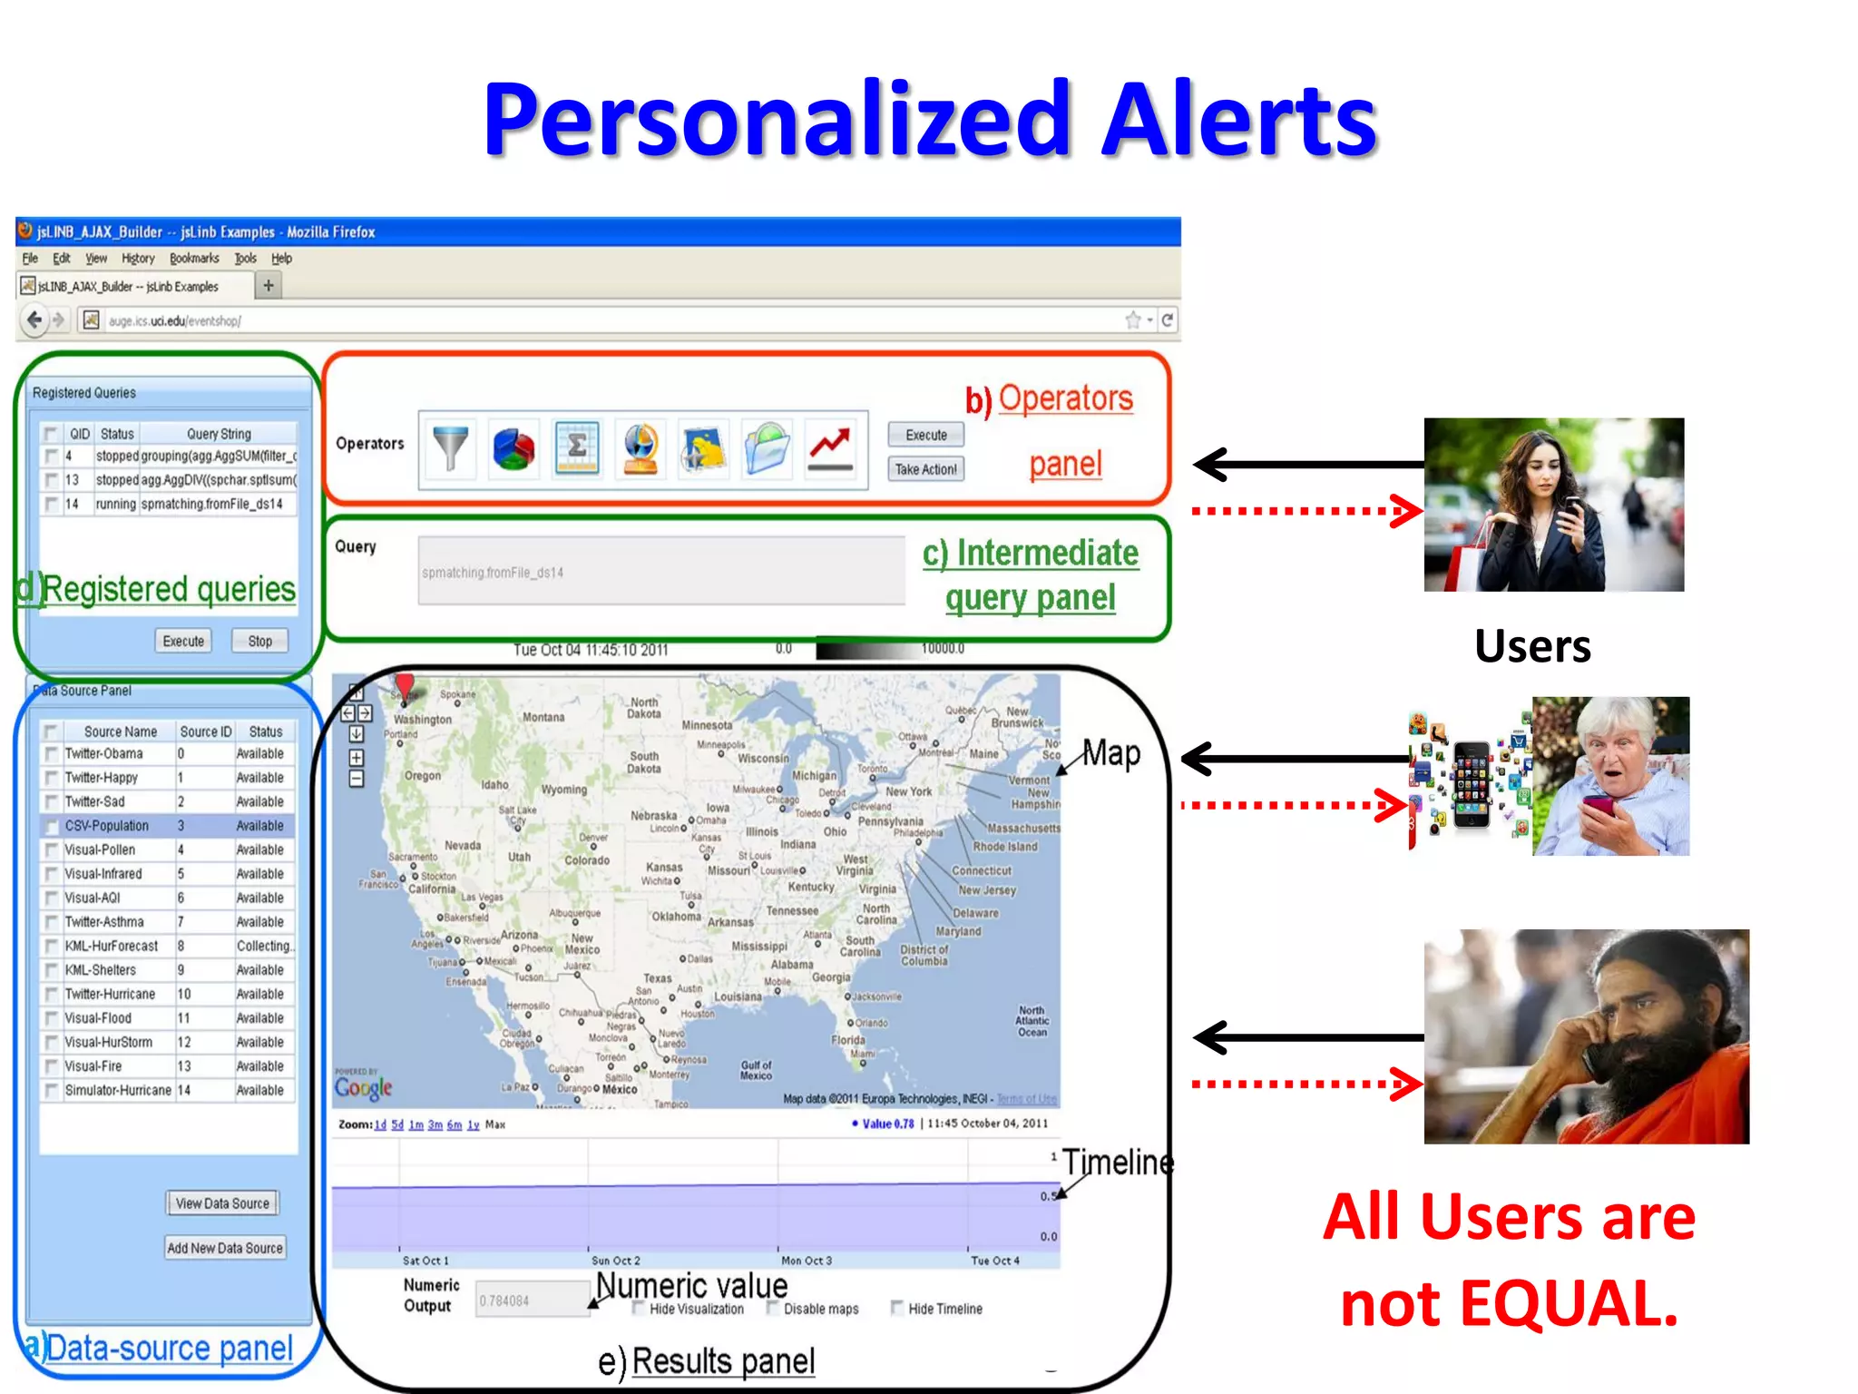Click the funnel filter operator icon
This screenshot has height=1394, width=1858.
pos(451,448)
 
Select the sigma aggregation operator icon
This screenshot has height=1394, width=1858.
pos(577,448)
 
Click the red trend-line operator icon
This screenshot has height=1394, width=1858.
pos(830,448)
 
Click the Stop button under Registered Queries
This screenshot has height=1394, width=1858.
pos(259,641)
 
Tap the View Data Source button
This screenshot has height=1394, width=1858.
pos(222,1203)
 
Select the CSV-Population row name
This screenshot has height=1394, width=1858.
pos(107,826)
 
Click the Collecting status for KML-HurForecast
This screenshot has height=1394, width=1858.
pos(264,946)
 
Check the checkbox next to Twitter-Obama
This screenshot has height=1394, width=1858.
pos(52,754)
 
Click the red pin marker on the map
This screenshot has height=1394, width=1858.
pos(405,685)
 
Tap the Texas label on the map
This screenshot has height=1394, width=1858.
pos(658,978)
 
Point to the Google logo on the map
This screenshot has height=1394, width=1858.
pos(363,1087)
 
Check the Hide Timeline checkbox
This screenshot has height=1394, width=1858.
pos(897,1308)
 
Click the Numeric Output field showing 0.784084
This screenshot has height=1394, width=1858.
pos(532,1301)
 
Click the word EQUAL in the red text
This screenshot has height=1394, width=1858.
pos(1570,1304)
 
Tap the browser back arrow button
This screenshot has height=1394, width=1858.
pos(34,320)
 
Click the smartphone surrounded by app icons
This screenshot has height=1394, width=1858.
pos(1471,784)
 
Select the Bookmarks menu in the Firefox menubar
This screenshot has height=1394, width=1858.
pos(194,259)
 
